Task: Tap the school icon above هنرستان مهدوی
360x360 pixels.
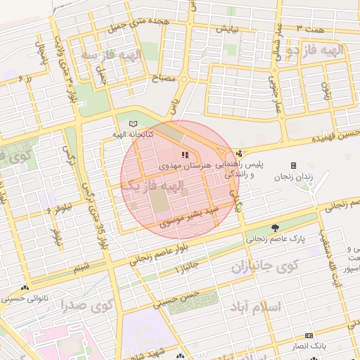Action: (x=184, y=155)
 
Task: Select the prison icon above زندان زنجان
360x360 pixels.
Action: (x=293, y=165)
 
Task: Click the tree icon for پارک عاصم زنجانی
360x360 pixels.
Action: (x=275, y=227)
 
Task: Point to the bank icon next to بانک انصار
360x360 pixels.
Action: (x=308, y=335)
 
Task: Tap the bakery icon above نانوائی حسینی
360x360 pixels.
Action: (x=26, y=288)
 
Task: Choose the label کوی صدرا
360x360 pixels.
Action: (x=87, y=306)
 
